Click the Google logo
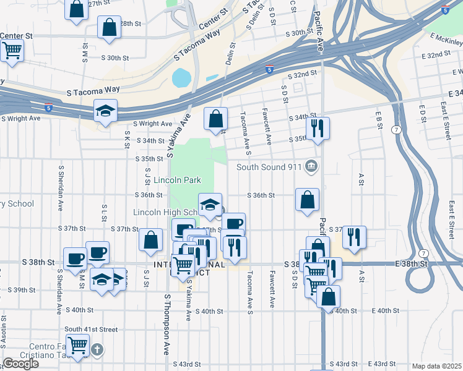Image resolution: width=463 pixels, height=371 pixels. click(x=20, y=364)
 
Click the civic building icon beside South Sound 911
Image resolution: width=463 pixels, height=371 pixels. click(x=312, y=166)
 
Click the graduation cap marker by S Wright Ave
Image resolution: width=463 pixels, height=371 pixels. click(x=105, y=112)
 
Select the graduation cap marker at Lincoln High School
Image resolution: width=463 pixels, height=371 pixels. click(x=210, y=205)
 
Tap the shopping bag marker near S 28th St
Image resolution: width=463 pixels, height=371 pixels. click(x=109, y=28)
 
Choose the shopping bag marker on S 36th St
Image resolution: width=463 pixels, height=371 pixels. click(x=307, y=200)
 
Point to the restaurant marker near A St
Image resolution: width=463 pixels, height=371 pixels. click(x=354, y=237)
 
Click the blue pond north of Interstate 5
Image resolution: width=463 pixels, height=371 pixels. click(x=181, y=79)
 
